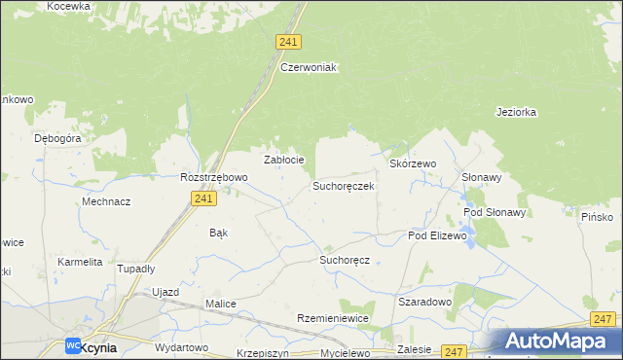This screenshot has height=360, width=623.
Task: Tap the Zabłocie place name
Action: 285,160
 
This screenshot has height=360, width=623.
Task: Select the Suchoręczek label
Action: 343,185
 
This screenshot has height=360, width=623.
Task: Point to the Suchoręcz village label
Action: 346,261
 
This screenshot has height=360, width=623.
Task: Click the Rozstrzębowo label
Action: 214,177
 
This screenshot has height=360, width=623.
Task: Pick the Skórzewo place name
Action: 413,164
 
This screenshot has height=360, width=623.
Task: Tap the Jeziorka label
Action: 516,112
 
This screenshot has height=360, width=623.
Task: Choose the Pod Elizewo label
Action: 438,235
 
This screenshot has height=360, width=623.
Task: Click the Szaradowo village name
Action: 425,302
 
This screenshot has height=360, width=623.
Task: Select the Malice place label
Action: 220,304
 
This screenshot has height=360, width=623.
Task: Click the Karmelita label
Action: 80,263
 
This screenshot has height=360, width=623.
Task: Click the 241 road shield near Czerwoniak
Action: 288,42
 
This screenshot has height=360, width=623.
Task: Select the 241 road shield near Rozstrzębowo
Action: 202,198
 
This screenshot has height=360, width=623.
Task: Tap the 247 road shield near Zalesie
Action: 454,351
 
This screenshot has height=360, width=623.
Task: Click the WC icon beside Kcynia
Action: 73,345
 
